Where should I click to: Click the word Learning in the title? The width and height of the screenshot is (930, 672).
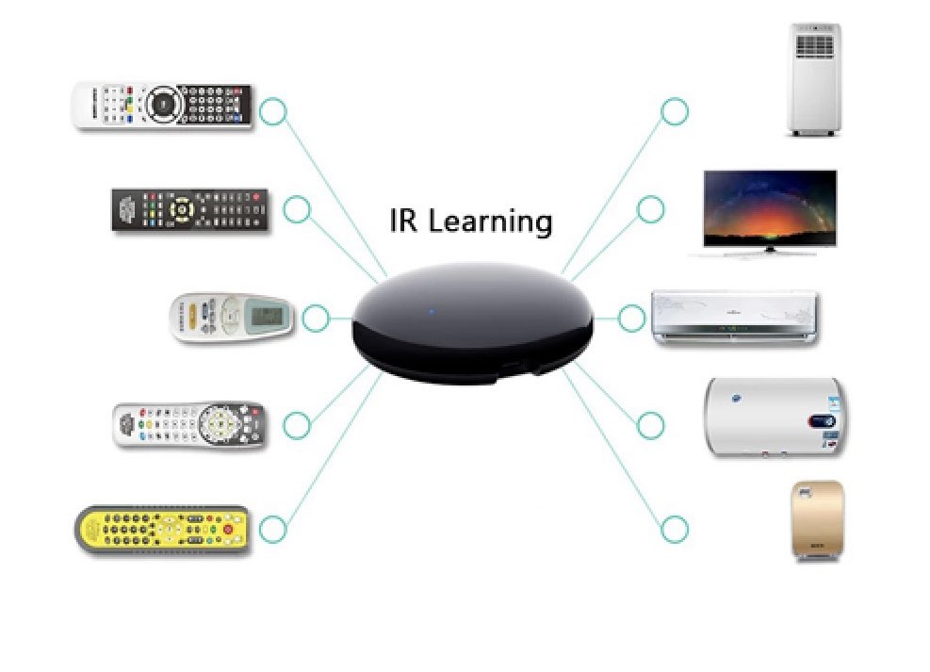[490, 222]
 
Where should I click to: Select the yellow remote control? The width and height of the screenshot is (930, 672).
[161, 529]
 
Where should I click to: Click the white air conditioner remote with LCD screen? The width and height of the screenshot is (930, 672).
[232, 318]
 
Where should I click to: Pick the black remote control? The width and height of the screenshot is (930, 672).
[190, 210]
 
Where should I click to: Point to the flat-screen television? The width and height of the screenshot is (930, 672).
[769, 208]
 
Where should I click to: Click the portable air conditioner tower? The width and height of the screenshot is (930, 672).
[813, 79]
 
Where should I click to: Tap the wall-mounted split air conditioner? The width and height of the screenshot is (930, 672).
[735, 318]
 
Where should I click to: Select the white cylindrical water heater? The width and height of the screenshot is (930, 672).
[775, 417]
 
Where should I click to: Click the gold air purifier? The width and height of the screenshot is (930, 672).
[814, 521]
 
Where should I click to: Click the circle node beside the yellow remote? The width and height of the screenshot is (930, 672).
[272, 530]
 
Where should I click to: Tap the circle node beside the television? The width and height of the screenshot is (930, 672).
[650, 209]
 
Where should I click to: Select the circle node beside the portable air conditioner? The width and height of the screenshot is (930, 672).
[675, 111]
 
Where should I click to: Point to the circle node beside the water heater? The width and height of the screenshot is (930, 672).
[650, 425]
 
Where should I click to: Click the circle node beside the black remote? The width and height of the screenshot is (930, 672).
[297, 209]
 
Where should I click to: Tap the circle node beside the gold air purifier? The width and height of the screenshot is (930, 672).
[675, 530]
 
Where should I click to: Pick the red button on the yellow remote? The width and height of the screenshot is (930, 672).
[227, 530]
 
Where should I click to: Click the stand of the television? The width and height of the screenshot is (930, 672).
[770, 251]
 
